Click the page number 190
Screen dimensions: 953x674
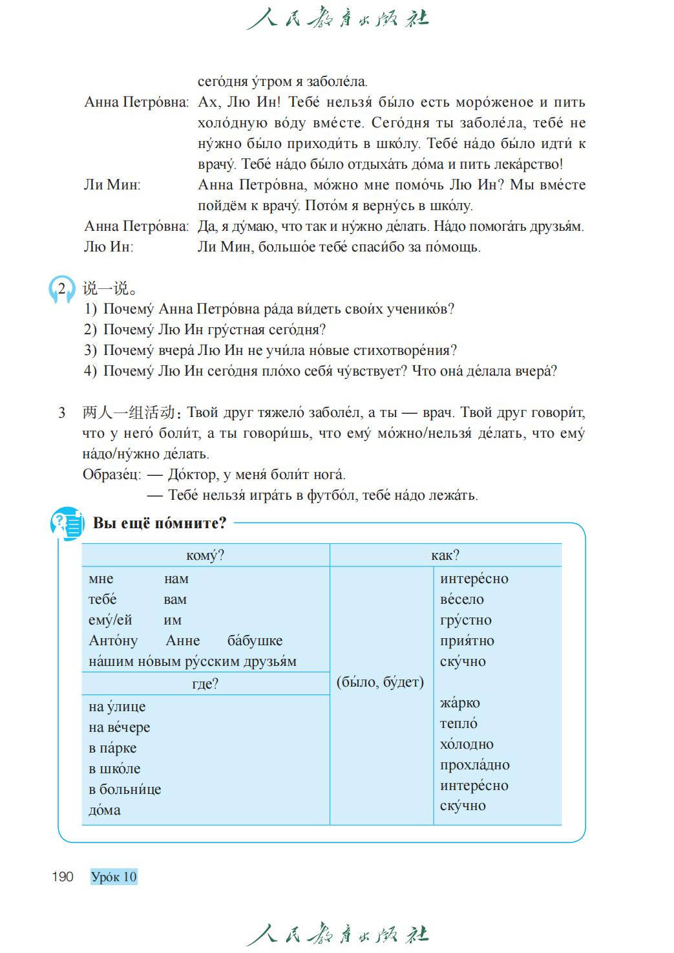click(x=63, y=877)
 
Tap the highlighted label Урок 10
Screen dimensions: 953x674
click(x=114, y=877)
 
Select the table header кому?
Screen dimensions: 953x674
click(x=205, y=555)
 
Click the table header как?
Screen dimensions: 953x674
click(x=445, y=555)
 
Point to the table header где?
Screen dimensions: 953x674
click(x=205, y=683)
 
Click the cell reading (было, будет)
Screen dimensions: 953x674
click(x=381, y=682)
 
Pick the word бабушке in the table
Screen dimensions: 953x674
click(x=255, y=641)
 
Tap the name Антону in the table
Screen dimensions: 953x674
click(x=113, y=641)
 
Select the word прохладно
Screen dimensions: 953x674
click(x=475, y=765)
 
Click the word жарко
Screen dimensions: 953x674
click(x=459, y=703)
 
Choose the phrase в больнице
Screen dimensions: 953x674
click(x=125, y=789)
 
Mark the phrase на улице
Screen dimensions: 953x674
click(x=117, y=707)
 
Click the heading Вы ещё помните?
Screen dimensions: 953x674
click(x=160, y=523)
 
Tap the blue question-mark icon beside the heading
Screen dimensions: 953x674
click(x=67, y=523)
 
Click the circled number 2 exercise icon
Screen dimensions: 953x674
click(x=62, y=290)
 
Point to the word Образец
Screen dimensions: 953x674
click(x=111, y=475)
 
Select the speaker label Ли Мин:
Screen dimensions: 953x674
click(x=112, y=185)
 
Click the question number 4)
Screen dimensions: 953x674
click(x=90, y=371)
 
